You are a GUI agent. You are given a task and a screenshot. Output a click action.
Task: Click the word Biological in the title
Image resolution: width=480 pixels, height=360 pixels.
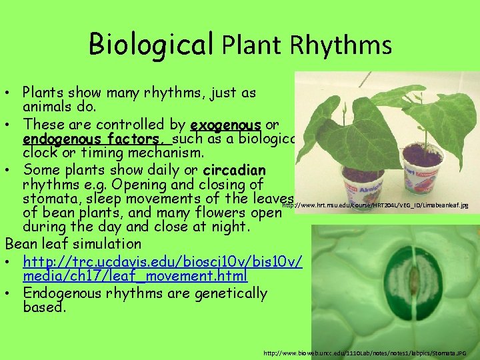pos(151,45)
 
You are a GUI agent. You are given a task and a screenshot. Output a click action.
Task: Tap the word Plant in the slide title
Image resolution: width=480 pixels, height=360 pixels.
pos(253,45)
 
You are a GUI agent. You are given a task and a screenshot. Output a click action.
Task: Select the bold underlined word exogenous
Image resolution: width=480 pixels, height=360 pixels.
pos(225,125)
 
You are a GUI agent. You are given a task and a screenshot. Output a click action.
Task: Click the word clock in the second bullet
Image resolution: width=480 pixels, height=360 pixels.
pos(41,154)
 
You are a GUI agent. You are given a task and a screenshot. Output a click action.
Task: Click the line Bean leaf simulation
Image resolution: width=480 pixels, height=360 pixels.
pos(73,243)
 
